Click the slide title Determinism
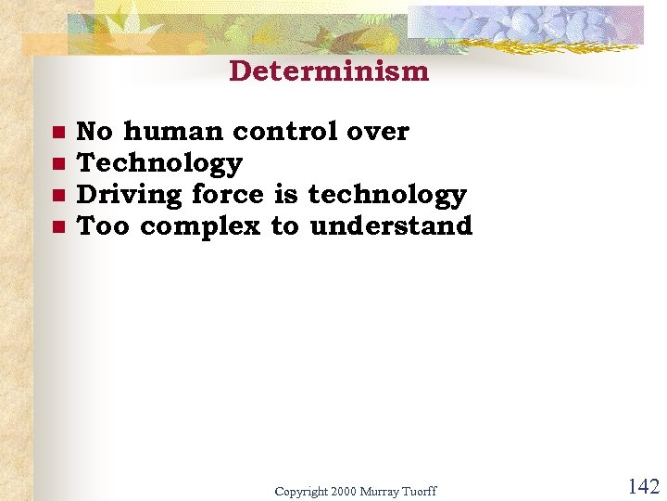point(329,71)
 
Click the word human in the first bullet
point(172,132)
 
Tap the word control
point(284,132)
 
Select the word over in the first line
point(377,132)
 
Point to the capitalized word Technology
point(159,163)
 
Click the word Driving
point(130,195)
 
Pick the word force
point(228,195)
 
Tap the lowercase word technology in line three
point(386,195)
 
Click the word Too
point(104,226)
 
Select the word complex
point(200,226)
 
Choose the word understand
point(390,226)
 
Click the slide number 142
point(643,487)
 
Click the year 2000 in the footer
point(344,491)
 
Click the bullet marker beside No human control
point(57,133)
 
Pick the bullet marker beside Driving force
point(57,196)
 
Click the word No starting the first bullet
point(94,132)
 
